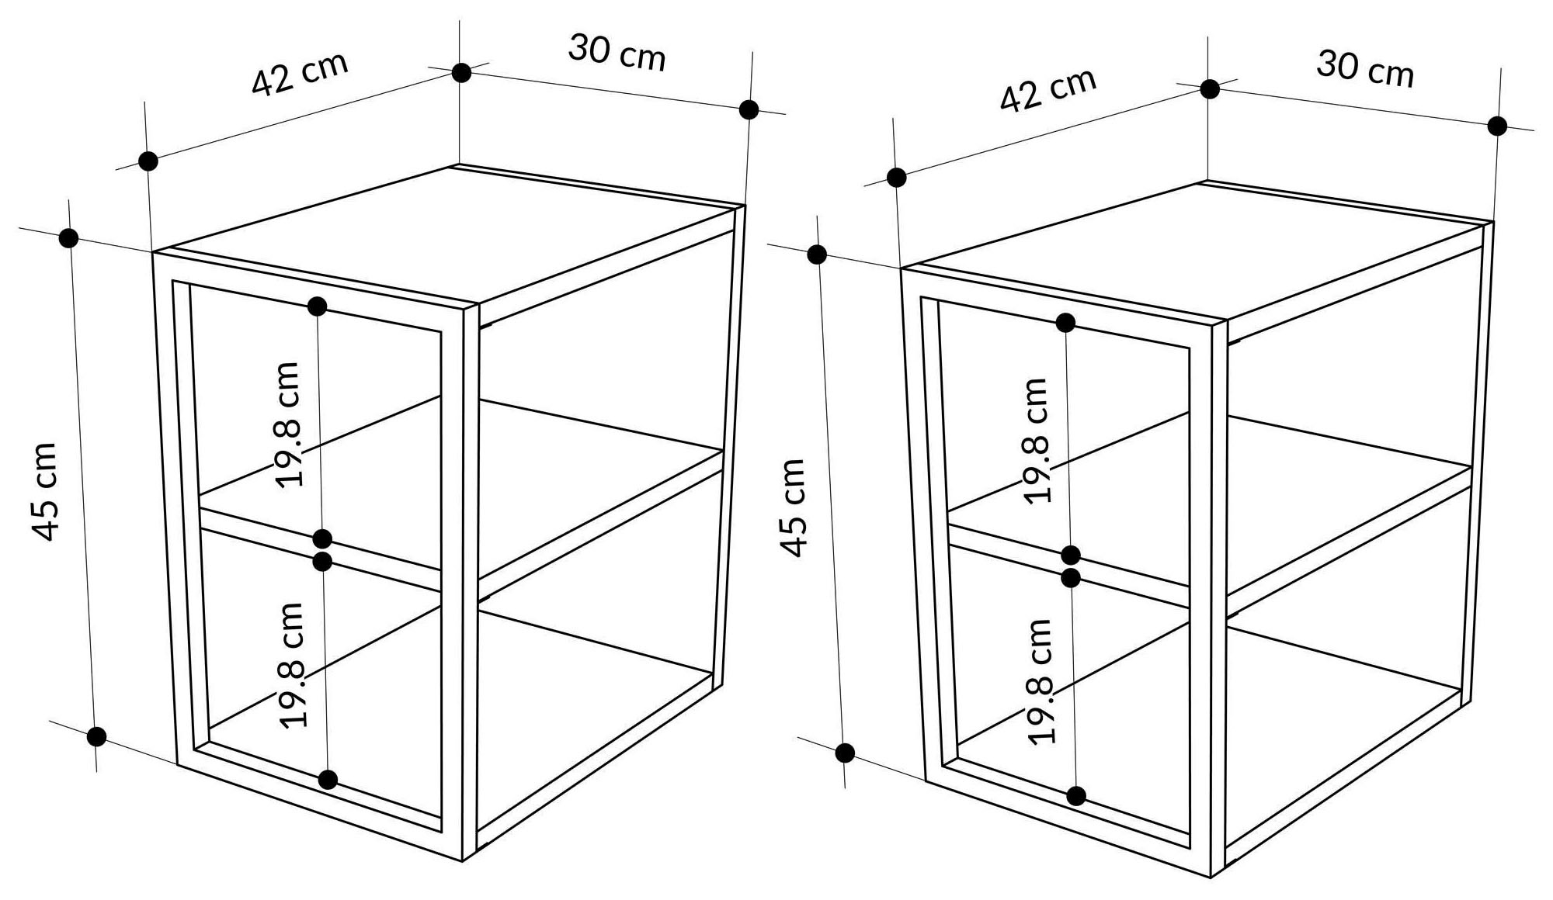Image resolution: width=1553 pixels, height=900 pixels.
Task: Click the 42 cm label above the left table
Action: (x=300, y=74)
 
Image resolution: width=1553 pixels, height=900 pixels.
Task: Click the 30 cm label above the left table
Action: (x=617, y=53)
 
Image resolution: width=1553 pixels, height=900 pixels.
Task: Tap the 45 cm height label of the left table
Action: (x=46, y=491)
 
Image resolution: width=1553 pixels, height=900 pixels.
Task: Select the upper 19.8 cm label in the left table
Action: (x=288, y=424)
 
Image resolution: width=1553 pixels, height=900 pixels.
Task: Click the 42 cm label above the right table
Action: (x=1047, y=90)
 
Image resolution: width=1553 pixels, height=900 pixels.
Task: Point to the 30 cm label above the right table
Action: (x=1365, y=69)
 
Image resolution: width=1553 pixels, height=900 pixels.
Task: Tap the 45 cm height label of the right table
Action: (x=794, y=507)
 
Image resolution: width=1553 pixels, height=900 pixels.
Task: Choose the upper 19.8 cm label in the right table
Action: (x=1036, y=441)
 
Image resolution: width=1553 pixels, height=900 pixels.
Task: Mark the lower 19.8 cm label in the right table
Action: (x=1041, y=681)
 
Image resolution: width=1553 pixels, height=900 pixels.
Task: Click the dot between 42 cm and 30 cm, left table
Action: (x=461, y=73)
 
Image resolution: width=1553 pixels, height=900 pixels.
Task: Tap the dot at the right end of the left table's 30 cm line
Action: (x=749, y=109)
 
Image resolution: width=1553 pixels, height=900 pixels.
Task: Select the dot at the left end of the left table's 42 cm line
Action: (x=148, y=161)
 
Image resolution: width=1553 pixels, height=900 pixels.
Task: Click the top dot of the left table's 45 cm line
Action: (x=68, y=238)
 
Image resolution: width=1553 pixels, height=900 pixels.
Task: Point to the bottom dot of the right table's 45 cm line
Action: (x=845, y=753)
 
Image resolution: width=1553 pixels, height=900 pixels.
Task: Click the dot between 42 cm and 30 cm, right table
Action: (x=1209, y=89)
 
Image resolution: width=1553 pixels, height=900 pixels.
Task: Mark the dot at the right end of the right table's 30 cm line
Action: (x=1497, y=126)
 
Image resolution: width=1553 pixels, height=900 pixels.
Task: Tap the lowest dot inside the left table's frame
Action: (x=328, y=780)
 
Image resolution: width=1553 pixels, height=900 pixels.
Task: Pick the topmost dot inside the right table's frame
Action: (x=1065, y=323)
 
